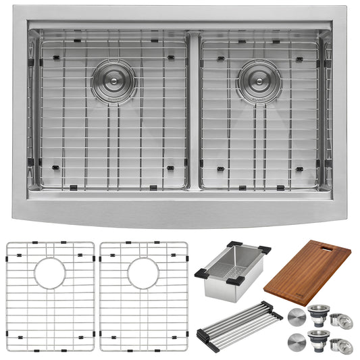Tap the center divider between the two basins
click(x=194, y=111)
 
